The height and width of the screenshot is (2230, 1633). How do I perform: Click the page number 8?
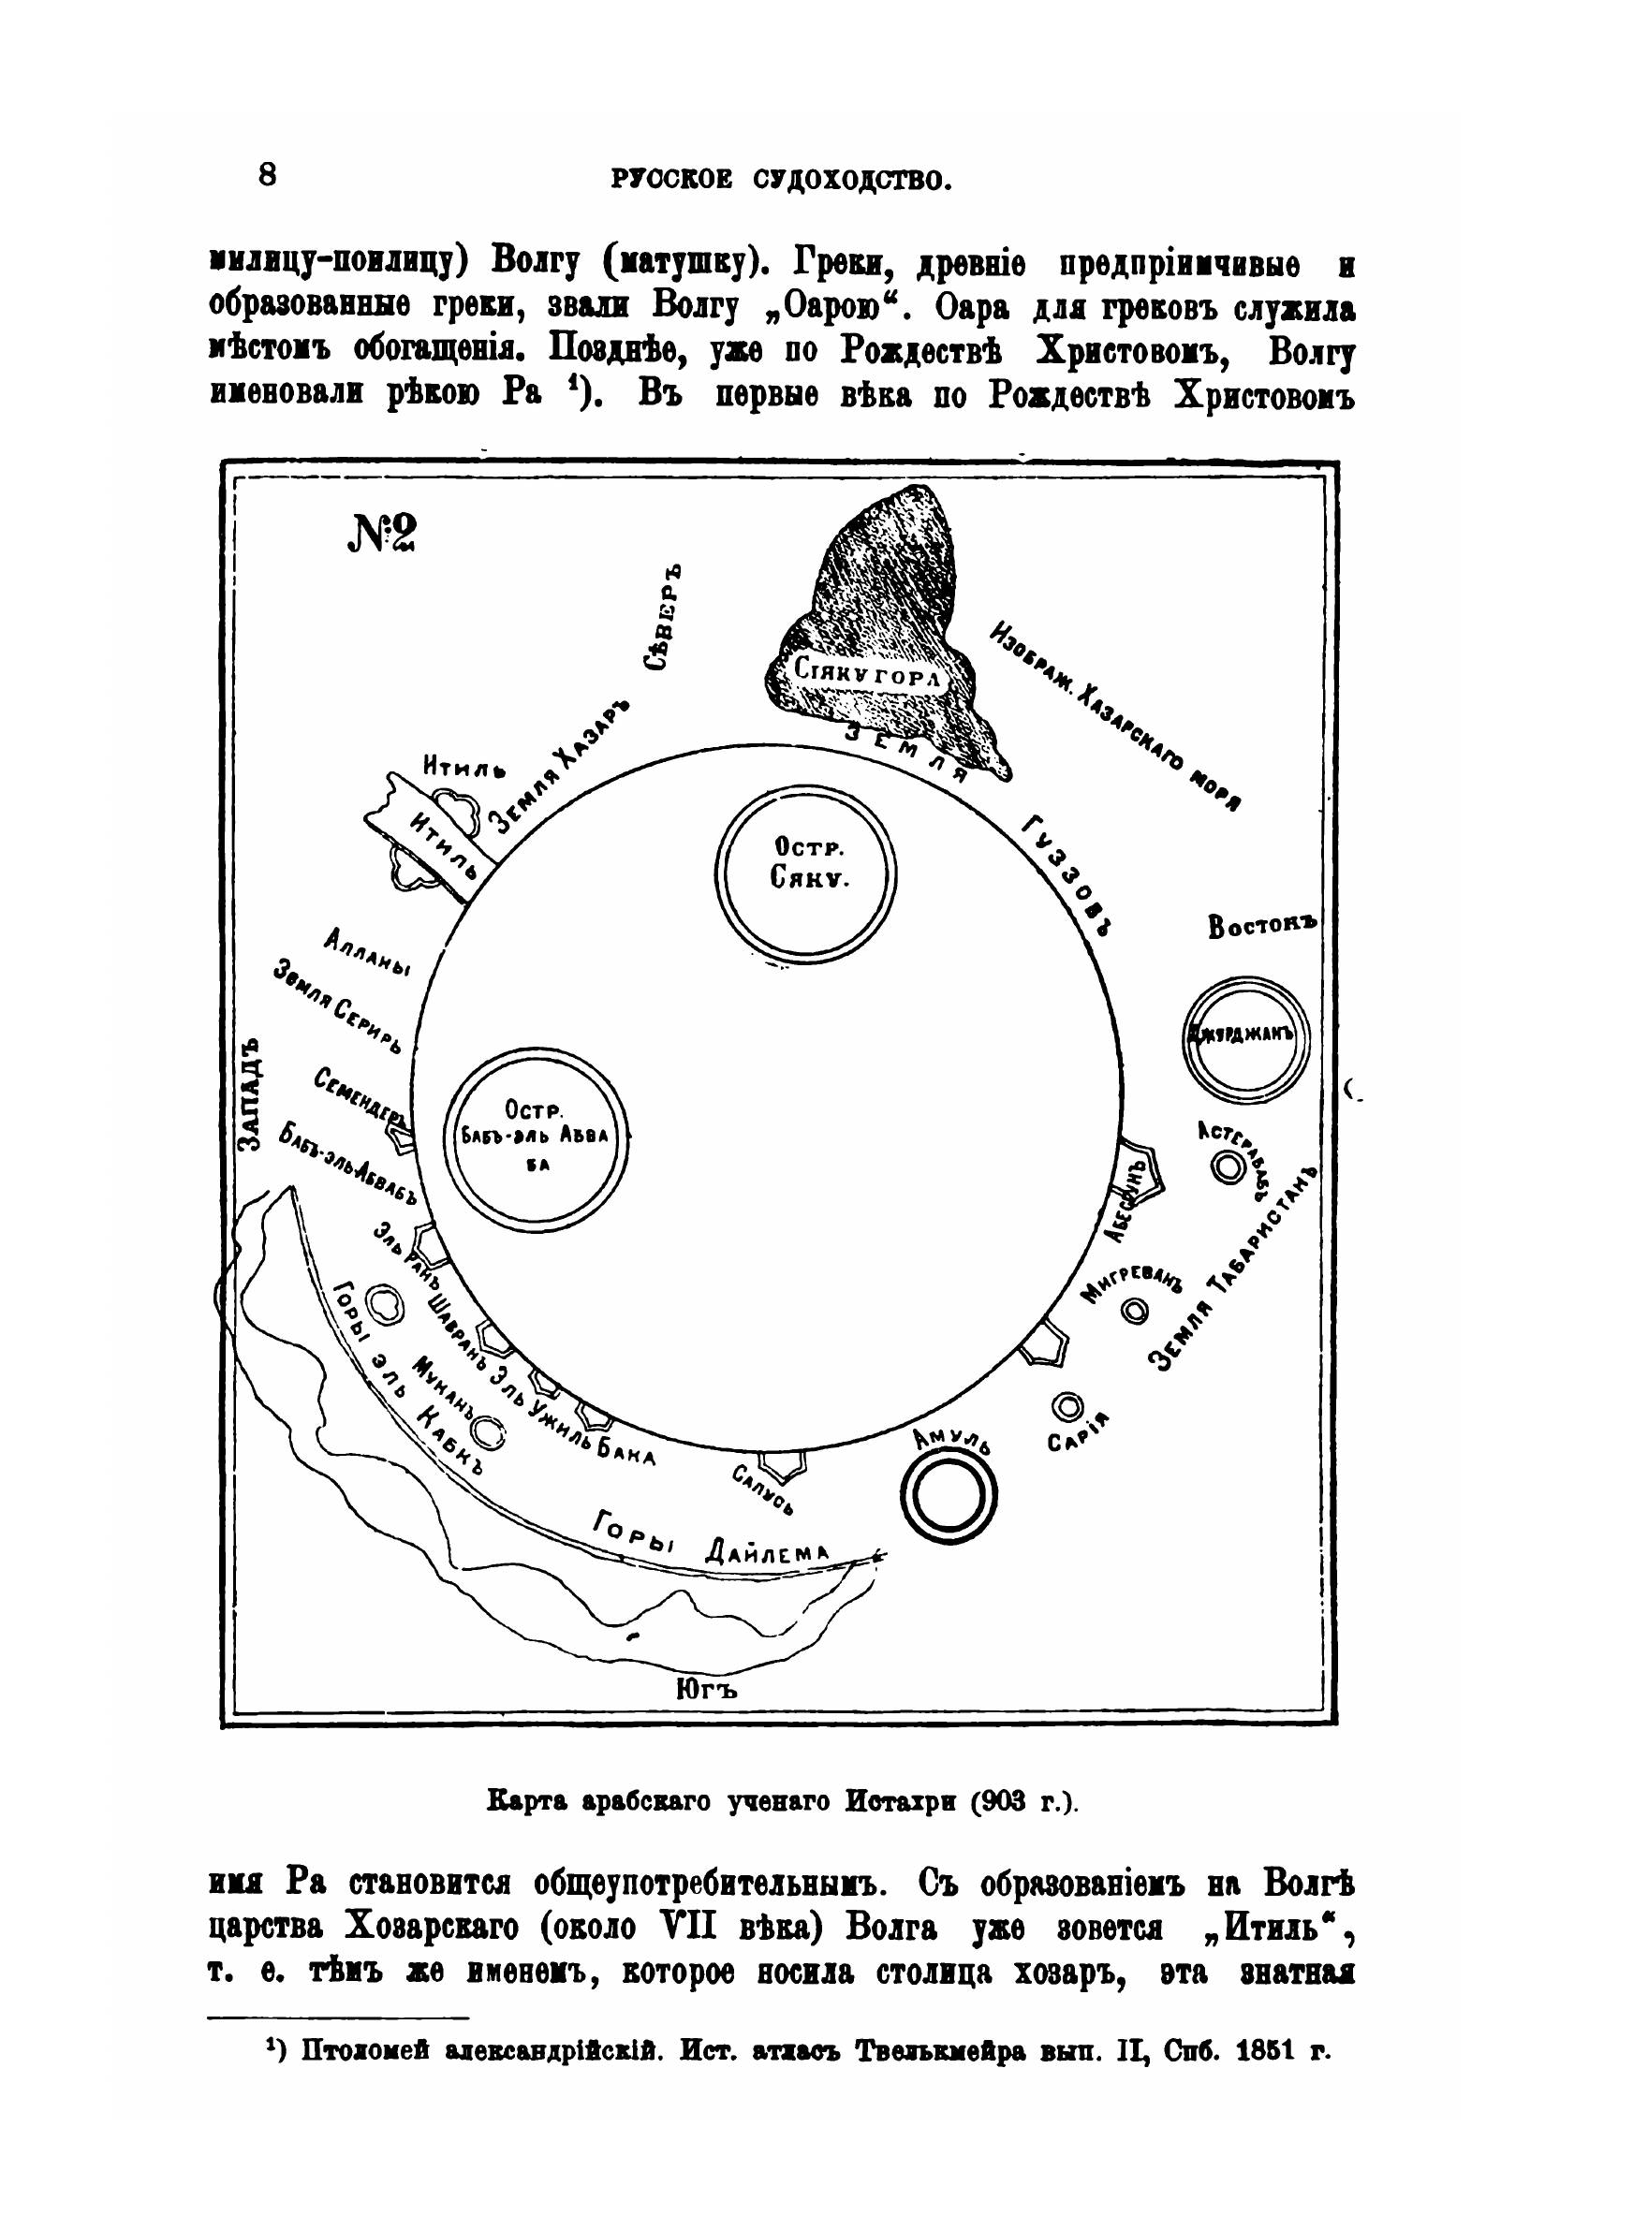[x=267, y=175]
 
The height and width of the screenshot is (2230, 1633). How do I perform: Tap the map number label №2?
[x=381, y=535]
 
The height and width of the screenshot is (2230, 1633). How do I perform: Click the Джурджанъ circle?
[x=1245, y=1034]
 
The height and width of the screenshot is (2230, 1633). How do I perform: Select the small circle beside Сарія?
[x=1068, y=1405]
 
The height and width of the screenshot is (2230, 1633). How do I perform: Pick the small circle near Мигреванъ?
[x=1137, y=1310]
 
